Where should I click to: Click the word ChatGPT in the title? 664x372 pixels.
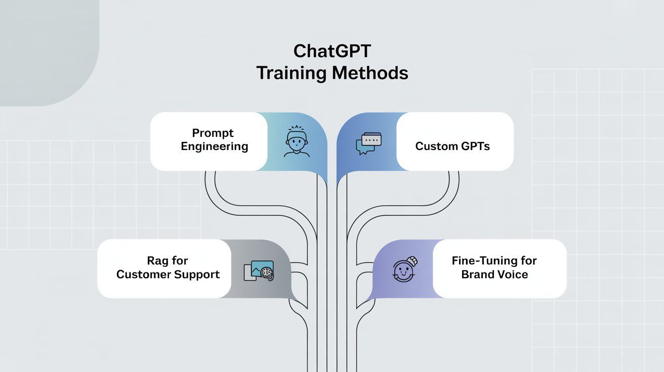coord(332,52)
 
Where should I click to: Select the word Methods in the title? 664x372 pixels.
coord(370,73)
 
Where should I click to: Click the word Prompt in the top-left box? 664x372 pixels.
coord(213,133)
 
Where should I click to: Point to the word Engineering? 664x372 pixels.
coord(215,147)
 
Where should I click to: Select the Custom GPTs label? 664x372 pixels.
coord(452,146)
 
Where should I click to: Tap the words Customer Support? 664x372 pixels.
coord(168,274)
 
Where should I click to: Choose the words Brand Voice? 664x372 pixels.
coord(494,274)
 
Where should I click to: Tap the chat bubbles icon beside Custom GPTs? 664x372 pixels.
coord(368,143)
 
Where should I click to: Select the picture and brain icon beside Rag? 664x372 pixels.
coord(259,270)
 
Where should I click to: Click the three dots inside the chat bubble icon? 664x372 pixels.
coord(372,139)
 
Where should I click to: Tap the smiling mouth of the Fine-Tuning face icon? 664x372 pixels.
coord(404,274)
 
